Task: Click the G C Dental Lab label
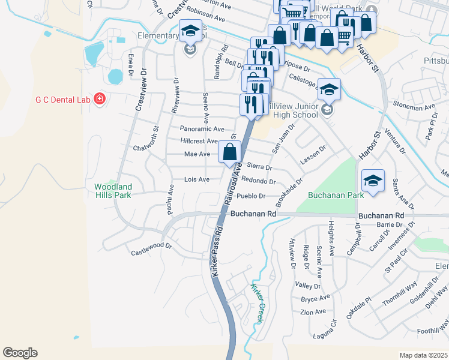[61, 99]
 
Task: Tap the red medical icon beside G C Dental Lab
[100, 98]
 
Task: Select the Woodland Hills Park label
[113, 191]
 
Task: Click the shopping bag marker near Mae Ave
[229, 152]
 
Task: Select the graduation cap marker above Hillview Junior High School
[329, 89]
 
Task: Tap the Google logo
[20, 353]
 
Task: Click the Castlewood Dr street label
[151, 249]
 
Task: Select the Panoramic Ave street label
[202, 128]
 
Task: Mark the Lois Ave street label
[196, 179]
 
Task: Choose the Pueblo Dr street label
[251, 196]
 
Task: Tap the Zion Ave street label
[313, 311]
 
